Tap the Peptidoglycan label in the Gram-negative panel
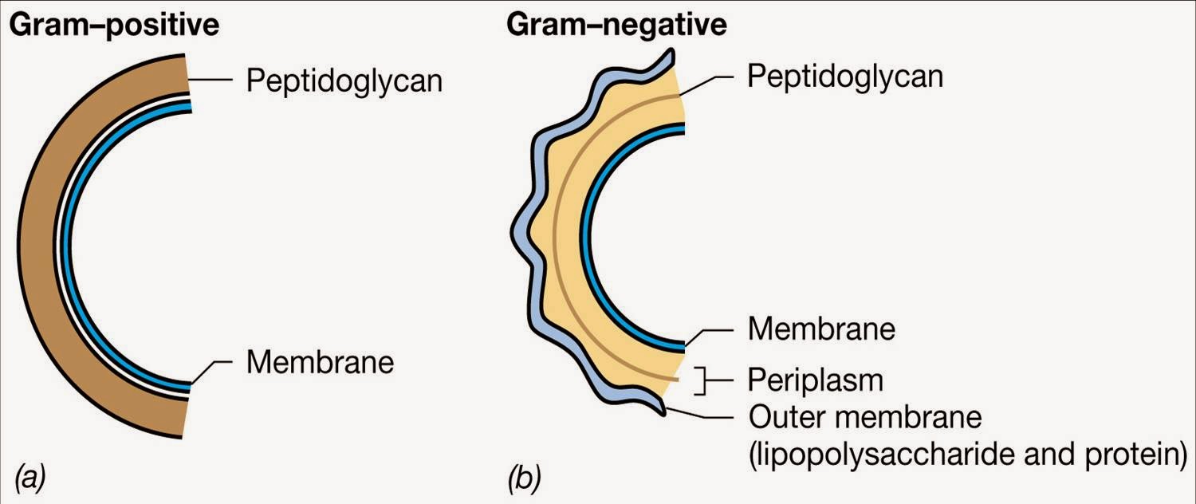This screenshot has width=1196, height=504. (845, 77)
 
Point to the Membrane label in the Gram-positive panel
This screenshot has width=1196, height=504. (320, 363)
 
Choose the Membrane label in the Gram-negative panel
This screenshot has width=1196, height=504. (821, 329)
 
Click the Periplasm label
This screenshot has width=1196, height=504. (816, 380)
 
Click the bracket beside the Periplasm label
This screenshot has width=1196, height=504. (702, 381)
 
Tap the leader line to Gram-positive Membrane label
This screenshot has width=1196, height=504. (214, 368)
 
